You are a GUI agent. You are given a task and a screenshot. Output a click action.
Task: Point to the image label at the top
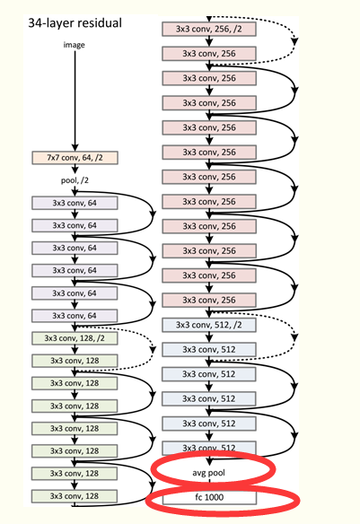(x=75, y=43)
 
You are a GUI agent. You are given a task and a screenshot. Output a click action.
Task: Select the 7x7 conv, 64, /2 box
(x=75, y=157)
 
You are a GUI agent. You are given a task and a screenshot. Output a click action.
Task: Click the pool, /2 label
(x=75, y=179)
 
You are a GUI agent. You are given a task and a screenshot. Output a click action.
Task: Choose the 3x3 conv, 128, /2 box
(x=75, y=338)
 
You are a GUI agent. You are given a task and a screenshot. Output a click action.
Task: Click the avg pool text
(x=207, y=468)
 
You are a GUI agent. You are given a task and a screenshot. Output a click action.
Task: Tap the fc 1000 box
(x=207, y=496)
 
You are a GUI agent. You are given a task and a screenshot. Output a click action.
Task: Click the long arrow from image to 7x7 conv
(x=75, y=99)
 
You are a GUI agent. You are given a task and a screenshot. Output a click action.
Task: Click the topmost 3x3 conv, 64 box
(x=75, y=202)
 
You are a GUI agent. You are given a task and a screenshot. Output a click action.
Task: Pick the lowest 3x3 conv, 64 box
(x=75, y=315)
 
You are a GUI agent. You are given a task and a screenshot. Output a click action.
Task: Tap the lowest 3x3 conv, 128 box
(x=75, y=496)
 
